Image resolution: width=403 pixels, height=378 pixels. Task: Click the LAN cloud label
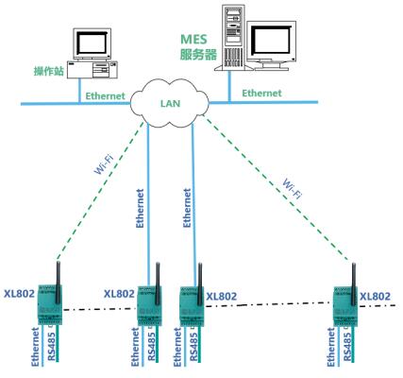point(170,103)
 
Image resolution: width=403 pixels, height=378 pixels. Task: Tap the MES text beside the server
point(193,40)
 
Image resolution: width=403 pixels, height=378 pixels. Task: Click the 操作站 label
point(49,71)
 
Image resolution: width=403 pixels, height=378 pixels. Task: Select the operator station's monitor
point(92,43)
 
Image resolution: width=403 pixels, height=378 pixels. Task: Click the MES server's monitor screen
point(272,40)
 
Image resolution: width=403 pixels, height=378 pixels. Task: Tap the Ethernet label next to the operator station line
point(105,96)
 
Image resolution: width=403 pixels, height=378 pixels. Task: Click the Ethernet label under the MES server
point(261,93)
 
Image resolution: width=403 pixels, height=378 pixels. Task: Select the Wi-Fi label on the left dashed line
point(104,163)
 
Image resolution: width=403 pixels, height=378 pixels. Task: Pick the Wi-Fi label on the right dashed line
point(293,188)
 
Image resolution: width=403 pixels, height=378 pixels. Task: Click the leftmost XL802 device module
point(50,304)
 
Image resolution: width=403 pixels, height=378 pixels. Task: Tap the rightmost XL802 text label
point(375,297)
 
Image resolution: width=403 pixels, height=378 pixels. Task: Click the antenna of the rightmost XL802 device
point(354,284)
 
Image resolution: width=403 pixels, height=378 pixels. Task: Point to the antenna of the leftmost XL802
point(58,282)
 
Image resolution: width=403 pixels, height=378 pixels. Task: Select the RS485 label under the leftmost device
point(52,347)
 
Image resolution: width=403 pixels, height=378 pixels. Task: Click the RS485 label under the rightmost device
point(347,347)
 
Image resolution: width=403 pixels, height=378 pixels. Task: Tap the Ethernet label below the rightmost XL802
point(331,347)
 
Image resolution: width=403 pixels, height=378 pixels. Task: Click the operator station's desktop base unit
point(92,70)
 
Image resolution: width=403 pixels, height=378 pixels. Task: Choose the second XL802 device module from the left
point(149,305)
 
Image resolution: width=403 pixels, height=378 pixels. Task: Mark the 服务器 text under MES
point(198,55)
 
